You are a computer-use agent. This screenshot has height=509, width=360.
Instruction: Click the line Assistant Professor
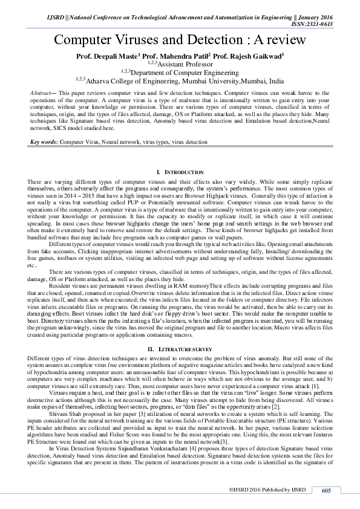tap(185, 63)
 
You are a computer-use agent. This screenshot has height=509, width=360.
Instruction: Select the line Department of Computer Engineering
tap(185, 71)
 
